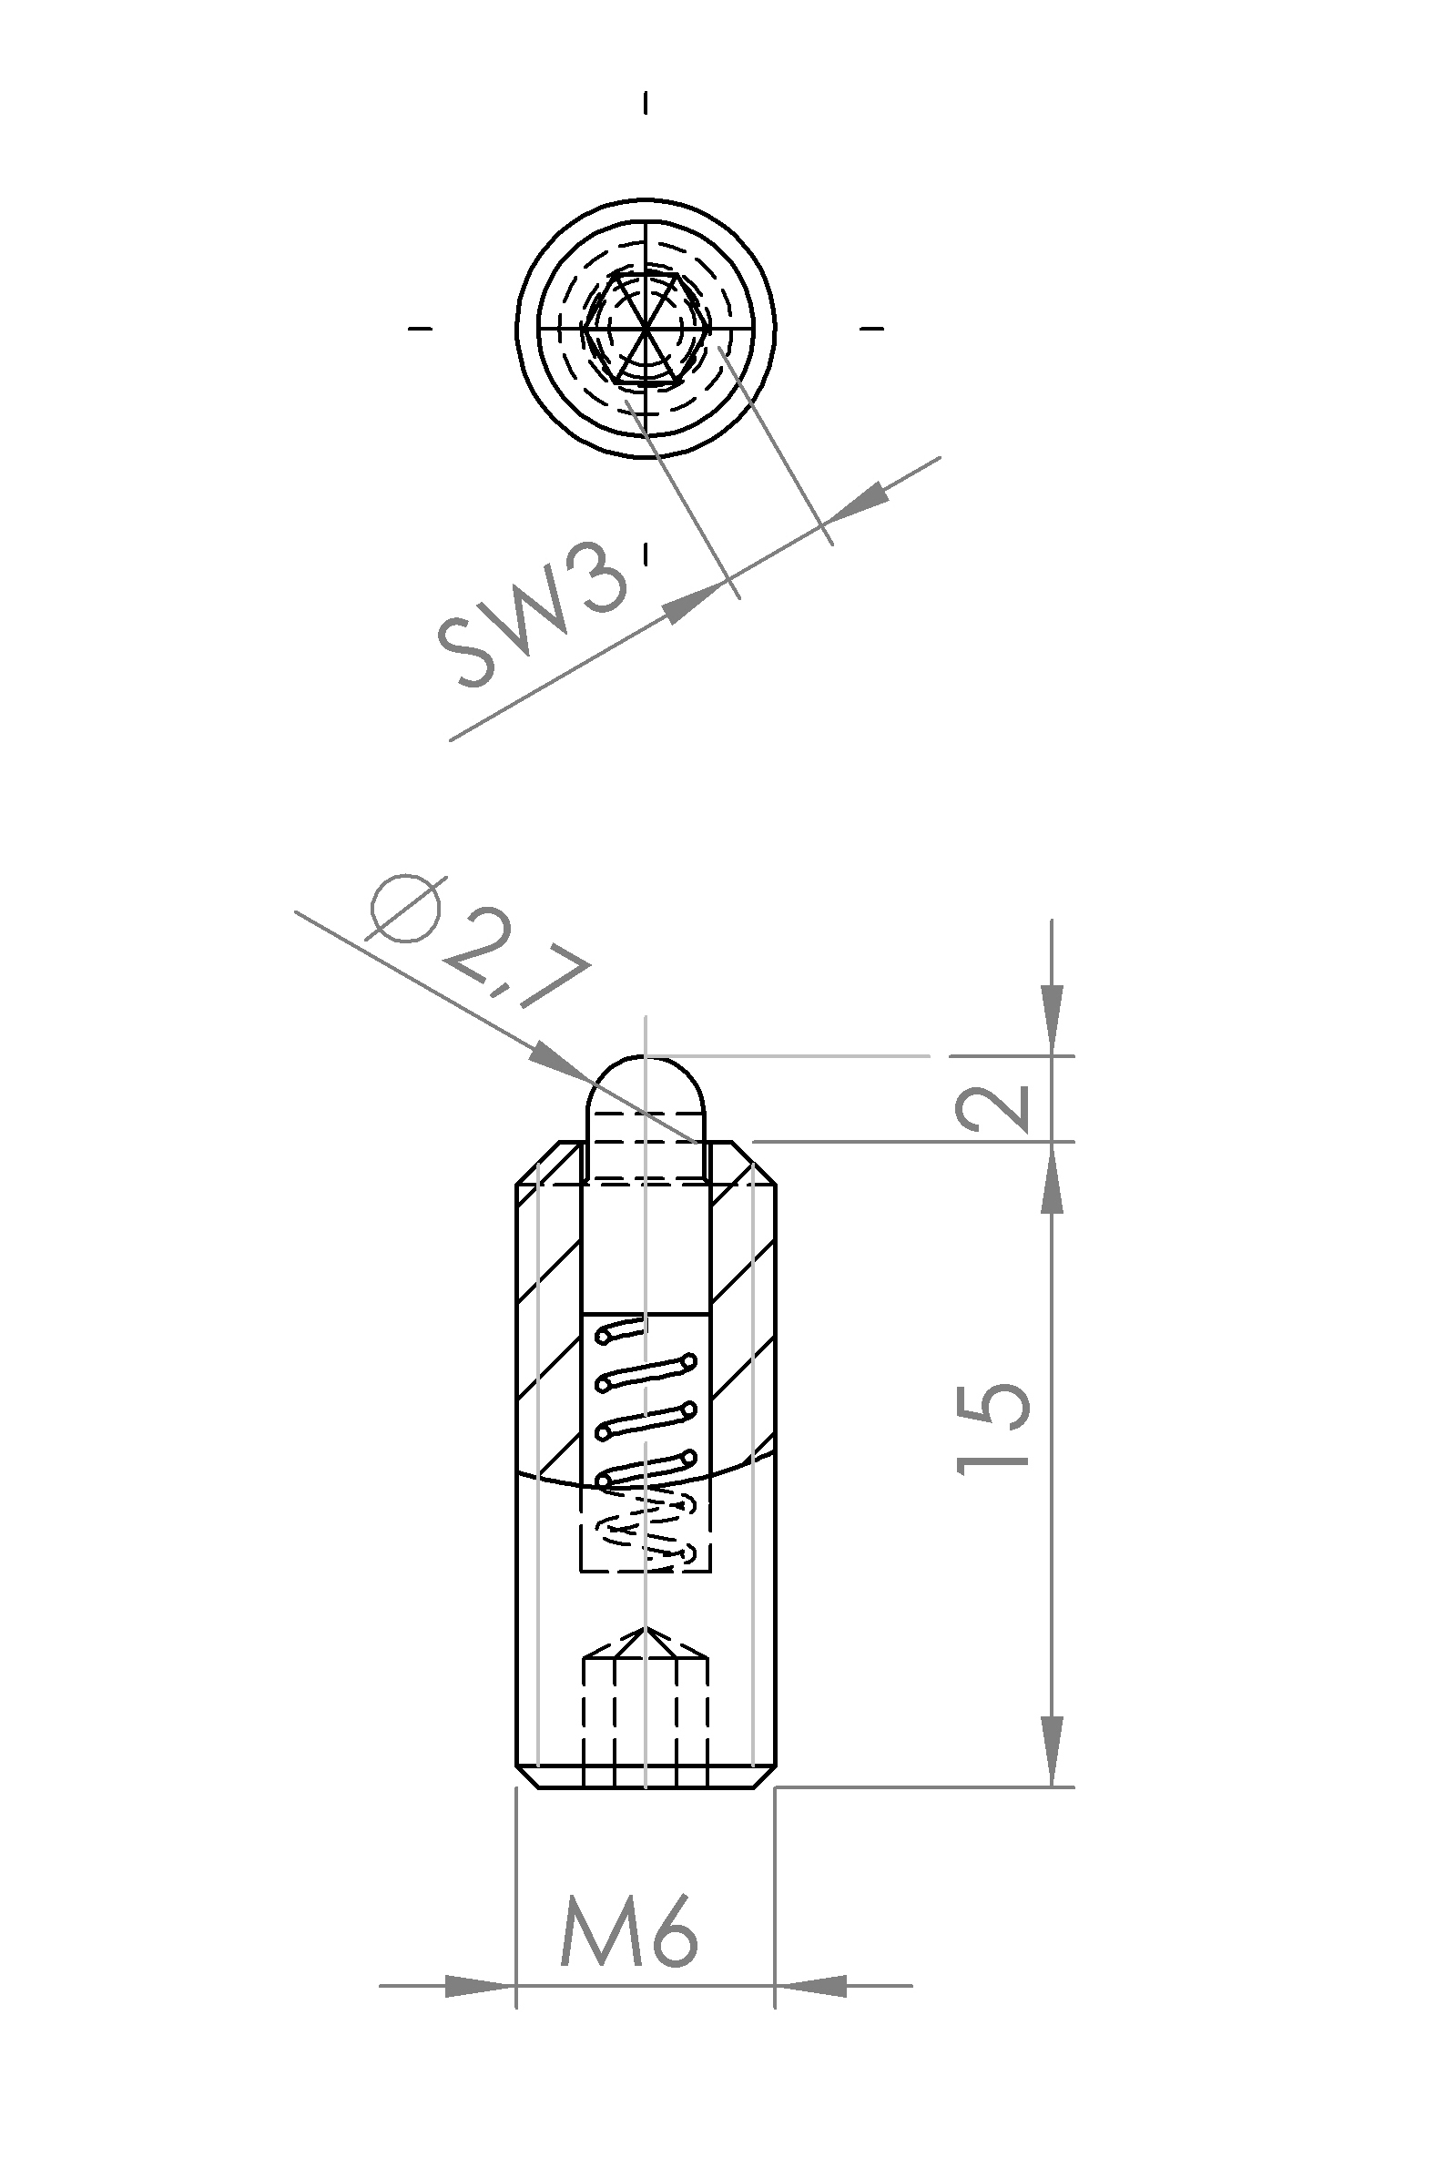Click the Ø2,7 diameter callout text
click(479, 944)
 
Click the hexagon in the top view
click(646, 327)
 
